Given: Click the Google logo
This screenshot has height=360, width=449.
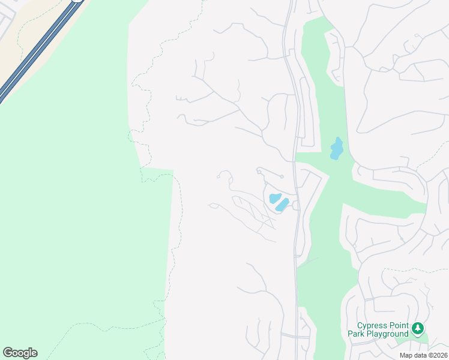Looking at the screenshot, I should coord(20,353).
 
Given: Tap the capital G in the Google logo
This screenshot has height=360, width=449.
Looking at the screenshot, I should coord(8,353).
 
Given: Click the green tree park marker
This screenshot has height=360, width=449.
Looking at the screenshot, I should coord(418,328).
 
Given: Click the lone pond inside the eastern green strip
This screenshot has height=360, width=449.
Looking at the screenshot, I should coord(336,148).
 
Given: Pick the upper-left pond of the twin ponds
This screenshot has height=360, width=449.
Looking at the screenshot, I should coord(275,197).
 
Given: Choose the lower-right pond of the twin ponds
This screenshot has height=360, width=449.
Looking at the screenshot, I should coord(282,205).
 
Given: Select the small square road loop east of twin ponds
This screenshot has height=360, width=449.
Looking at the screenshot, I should coord(296,205).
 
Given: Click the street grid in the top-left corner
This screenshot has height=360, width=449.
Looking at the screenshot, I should coord(7,24).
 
